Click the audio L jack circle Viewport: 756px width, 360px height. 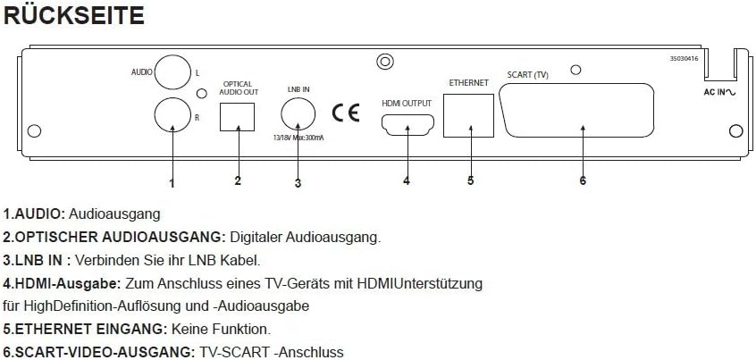(171, 71)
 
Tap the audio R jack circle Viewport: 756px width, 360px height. (171, 114)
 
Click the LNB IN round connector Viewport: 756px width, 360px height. (298, 113)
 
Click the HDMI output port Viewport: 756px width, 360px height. (406, 125)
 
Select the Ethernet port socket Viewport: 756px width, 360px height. (470, 114)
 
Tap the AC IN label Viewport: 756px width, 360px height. (718, 93)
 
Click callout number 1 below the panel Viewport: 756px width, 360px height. (172, 183)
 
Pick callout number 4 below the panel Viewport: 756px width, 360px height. (406, 180)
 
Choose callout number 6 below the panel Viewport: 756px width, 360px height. (582, 180)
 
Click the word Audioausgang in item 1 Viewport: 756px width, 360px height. (115, 214)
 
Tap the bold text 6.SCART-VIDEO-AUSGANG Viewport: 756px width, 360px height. (98, 352)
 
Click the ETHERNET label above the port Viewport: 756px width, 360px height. (467, 83)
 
